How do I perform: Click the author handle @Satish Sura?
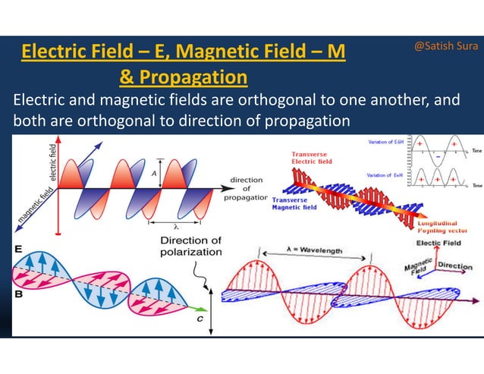(x=445, y=46)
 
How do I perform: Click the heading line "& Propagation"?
(x=183, y=77)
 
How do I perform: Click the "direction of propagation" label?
(x=246, y=189)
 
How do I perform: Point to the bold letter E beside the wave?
(x=17, y=249)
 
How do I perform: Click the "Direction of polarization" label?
(x=190, y=247)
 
